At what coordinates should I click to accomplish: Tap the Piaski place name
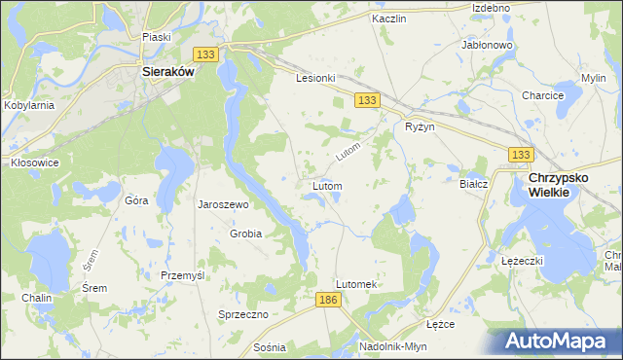(x=157, y=37)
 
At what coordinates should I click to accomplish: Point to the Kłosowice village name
(x=34, y=162)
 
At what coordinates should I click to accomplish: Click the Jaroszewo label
(x=224, y=205)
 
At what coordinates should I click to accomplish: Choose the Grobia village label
(x=245, y=234)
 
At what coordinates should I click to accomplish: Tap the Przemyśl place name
(x=183, y=275)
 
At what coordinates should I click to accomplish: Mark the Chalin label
(x=38, y=298)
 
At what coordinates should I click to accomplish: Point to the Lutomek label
(x=355, y=284)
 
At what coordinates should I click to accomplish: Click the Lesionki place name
(x=315, y=79)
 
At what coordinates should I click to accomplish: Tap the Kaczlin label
(x=388, y=18)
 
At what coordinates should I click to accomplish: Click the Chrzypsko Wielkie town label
(x=563, y=185)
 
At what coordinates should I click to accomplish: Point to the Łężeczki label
(x=521, y=262)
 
